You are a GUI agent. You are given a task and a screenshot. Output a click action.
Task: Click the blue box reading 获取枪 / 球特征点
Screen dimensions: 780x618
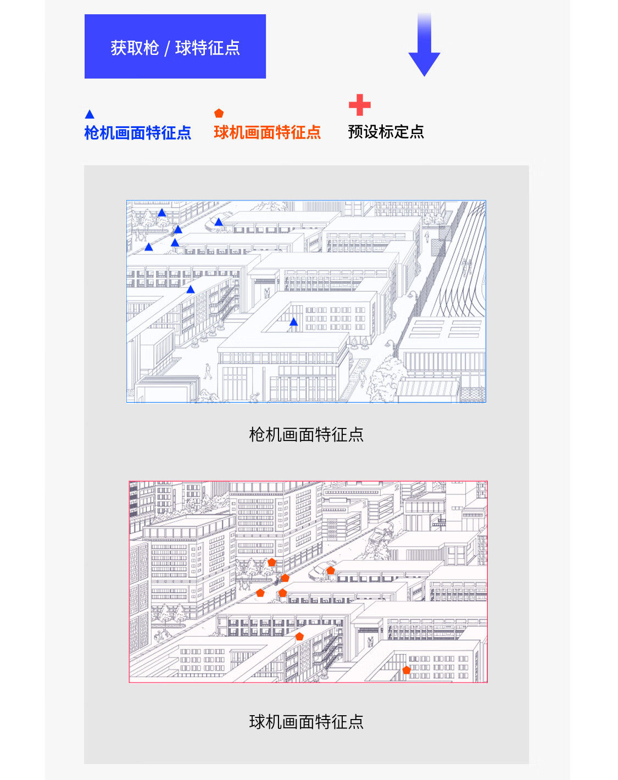coord(175,47)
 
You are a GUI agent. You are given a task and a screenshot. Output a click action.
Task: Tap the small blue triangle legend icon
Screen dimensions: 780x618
coord(90,114)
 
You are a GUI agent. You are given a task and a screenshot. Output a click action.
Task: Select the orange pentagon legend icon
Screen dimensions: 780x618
coord(219,113)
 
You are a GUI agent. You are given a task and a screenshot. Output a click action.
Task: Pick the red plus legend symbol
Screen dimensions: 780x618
coord(359,105)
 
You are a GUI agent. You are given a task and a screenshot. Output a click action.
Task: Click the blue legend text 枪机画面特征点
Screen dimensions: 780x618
coord(137,133)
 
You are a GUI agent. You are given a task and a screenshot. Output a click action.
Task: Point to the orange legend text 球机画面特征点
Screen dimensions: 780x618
coord(267,132)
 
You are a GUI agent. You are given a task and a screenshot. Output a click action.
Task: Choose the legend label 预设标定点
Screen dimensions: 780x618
coord(386,132)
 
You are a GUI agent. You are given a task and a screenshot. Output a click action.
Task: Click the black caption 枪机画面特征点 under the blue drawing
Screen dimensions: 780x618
coord(306,434)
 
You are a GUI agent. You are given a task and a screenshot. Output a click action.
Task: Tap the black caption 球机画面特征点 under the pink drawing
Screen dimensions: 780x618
coord(306,721)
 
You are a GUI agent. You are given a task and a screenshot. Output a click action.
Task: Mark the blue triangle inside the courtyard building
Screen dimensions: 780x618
coord(293,322)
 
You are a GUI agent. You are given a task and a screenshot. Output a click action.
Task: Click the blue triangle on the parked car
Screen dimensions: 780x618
coord(219,222)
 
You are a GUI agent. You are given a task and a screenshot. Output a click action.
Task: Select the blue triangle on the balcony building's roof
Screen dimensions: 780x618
coord(190,289)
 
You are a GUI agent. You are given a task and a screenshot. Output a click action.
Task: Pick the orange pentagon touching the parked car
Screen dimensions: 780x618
coord(330,571)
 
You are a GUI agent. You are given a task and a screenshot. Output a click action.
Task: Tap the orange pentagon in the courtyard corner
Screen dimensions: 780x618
coord(407,670)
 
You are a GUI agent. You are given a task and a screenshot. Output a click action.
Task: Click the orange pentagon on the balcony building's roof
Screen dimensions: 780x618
coord(299,636)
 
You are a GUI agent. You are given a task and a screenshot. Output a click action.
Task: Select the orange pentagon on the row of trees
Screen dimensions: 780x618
coord(271,562)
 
